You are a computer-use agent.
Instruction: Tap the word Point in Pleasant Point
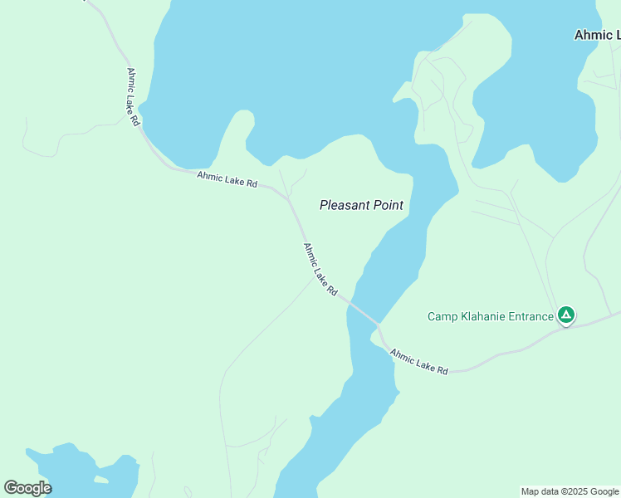(x=389, y=205)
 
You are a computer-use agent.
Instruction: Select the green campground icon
(x=565, y=315)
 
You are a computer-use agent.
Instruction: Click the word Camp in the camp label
(x=443, y=316)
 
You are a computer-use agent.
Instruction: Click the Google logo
(x=27, y=488)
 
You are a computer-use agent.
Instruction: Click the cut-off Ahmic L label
(x=597, y=35)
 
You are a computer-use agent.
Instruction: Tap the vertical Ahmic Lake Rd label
(x=133, y=96)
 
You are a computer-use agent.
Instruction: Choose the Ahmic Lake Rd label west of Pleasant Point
(x=227, y=178)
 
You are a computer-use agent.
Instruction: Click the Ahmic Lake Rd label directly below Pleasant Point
(x=320, y=270)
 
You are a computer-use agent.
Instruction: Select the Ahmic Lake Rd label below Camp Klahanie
(x=419, y=361)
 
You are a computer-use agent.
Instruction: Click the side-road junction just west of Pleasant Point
(x=288, y=198)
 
